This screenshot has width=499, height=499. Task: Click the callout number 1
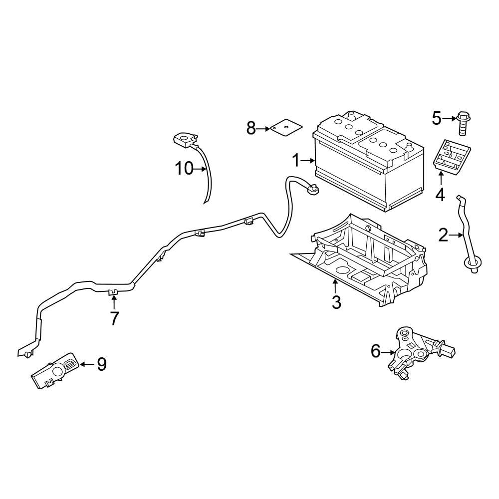pos(296,161)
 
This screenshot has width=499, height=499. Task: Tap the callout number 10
pos(183,169)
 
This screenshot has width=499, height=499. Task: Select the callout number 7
pos(115,318)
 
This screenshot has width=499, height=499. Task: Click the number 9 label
pos(101,365)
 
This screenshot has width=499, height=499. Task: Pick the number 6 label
pos(376,352)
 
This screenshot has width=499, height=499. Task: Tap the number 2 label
pos(443,235)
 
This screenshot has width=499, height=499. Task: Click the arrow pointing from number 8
pos(264,129)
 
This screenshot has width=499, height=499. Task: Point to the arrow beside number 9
pos(87,365)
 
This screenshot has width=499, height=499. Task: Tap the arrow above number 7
pos(114,301)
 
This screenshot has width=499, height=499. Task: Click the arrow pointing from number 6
pos(389,352)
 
